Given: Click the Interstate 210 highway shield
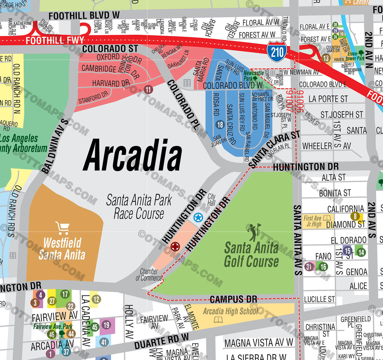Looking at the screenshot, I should pyautogui.click(x=277, y=51).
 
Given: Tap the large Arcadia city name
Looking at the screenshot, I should pyautogui.click(x=132, y=156).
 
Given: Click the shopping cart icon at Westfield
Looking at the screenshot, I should pyautogui.click(x=62, y=228).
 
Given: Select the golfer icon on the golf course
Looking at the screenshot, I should pyautogui.click(x=254, y=232).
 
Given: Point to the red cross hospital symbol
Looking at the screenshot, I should pyautogui.click(x=175, y=247).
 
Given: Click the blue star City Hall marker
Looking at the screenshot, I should pyautogui.click(x=198, y=218).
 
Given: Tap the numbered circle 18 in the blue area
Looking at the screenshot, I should pyautogui.click(x=220, y=125).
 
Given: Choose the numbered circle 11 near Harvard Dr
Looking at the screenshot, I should pyautogui.click(x=148, y=89).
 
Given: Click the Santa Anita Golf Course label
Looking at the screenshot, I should pyautogui.click(x=251, y=255).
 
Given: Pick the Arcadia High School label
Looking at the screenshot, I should pyautogui.click(x=230, y=311).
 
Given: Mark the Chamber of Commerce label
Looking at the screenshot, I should pyautogui.click(x=149, y=275).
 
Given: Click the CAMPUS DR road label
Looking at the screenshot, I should pyautogui.click(x=233, y=299).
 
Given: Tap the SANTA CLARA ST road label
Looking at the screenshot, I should pyautogui.click(x=274, y=149).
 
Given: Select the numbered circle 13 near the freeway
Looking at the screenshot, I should pyautogui.click(x=326, y=58).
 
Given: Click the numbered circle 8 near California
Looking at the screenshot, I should pyautogui.click(x=355, y=216).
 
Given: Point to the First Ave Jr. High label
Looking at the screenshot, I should pyautogui.click(x=313, y=221).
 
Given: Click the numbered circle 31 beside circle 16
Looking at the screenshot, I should pyautogui.click(x=309, y=266).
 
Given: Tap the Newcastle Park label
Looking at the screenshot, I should pyautogui.click(x=253, y=76).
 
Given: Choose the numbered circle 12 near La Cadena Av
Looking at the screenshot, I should pyautogui.click(x=96, y=299).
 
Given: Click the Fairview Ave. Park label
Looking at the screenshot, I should pyautogui.click(x=53, y=326).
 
